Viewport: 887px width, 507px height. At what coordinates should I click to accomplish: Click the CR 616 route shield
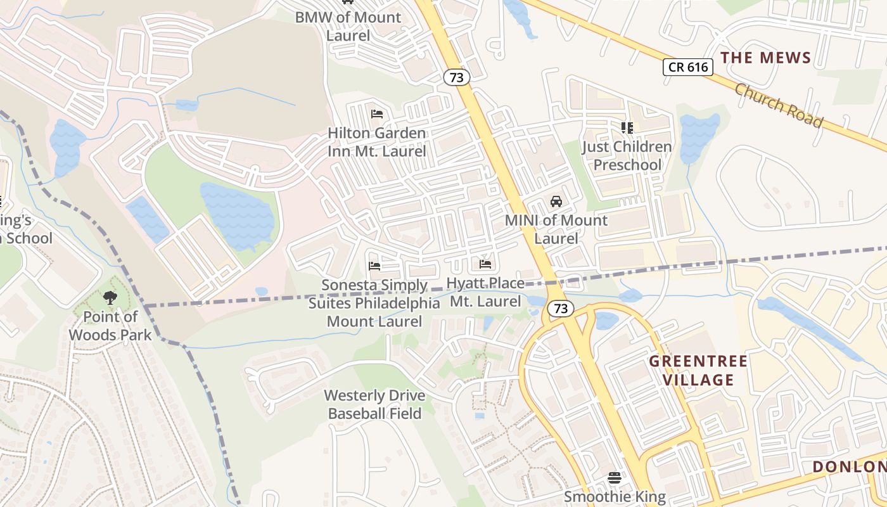point(688,67)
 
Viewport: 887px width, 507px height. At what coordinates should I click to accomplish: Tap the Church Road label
point(779,105)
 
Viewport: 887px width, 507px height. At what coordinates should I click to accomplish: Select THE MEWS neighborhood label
point(765,58)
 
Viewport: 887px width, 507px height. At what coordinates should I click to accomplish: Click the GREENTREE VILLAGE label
point(698,371)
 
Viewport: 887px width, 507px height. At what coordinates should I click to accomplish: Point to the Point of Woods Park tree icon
point(110,298)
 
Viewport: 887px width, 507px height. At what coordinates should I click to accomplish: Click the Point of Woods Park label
point(111,326)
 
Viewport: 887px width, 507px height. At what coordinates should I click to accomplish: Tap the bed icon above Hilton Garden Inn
point(377,114)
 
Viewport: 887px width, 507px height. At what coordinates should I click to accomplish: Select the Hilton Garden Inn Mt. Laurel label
point(377,143)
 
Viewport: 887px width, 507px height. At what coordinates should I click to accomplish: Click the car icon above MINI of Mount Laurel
point(556,202)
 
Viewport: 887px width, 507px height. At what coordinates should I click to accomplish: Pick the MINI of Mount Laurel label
point(556,229)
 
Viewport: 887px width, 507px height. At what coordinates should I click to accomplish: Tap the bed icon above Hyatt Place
point(485,264)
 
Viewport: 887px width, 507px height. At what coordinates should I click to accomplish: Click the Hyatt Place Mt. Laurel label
point(485,292)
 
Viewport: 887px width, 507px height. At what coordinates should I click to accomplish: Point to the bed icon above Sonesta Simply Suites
point(374,266)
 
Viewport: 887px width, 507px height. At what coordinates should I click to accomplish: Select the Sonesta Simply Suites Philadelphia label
point(374,304)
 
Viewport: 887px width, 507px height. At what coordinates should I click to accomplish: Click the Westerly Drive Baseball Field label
point(374,404)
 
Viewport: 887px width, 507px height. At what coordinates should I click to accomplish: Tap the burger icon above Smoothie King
point(614,477)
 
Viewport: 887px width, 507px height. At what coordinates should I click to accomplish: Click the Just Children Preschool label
point(627,156)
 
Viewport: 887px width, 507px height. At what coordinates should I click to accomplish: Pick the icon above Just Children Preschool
point(627,128)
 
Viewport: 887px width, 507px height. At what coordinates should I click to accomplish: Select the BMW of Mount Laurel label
point(348,26)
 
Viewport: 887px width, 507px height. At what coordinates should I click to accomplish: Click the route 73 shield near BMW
point(456,77)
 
